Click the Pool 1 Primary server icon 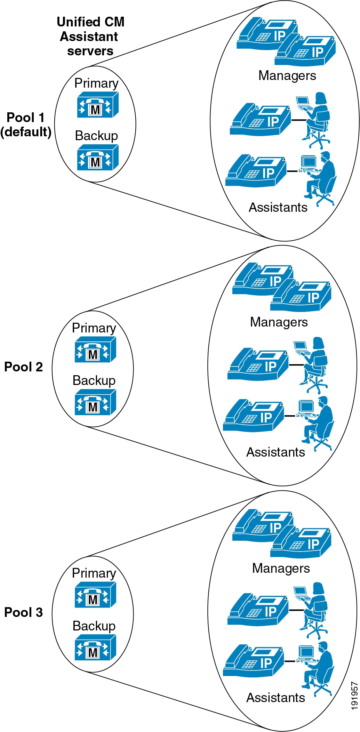(x=97, y=105)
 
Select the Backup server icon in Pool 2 (x=95, y=402)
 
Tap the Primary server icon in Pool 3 (x=95, y=595)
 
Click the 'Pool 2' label (x=23, y=367)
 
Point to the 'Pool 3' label (x=23, y=612)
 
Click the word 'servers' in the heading (x=90, y=51)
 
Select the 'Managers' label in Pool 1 (x=287, y=75)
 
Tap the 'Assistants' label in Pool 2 (x=275, y=452)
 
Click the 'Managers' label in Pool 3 (x=281, y=568)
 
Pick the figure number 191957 (x=354, y=695)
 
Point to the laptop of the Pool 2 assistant (x=300, y=346)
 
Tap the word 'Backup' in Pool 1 (x=96, y=136)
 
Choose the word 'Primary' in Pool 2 (x=94, y=328)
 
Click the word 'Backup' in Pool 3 (x=94, y=626)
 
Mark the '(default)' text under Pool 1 (x=26, y=132)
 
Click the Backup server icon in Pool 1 (x=97, y=158)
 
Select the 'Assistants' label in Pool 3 (x=275, y=698)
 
